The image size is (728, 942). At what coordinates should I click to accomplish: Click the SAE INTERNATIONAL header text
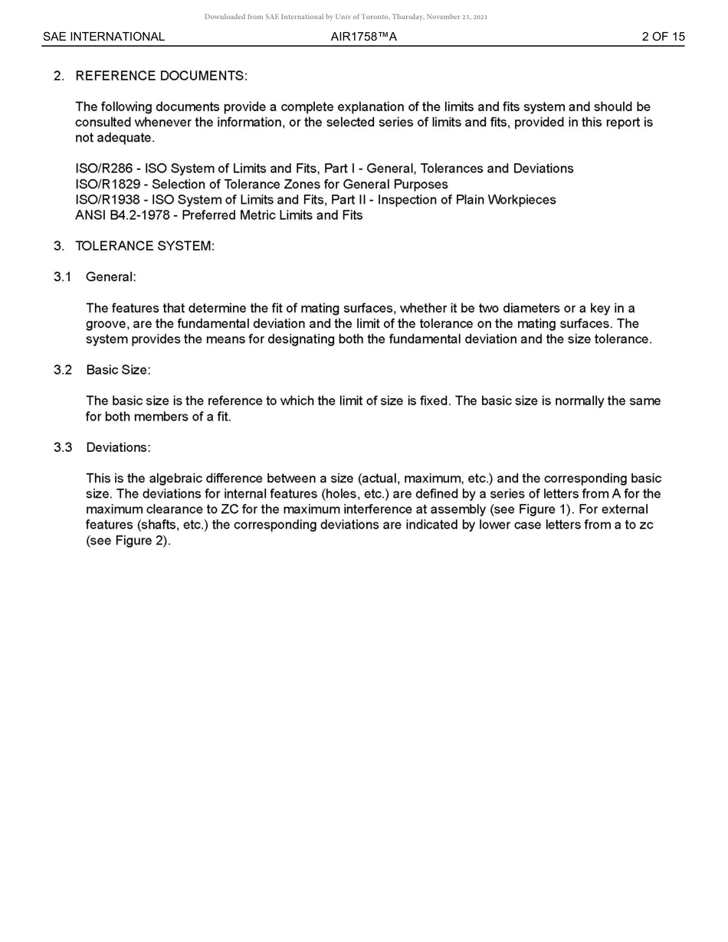tap(103, 37)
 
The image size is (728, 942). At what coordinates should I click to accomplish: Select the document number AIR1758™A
tap(363, 37)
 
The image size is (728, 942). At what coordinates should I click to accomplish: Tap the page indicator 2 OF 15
tap(663, 37)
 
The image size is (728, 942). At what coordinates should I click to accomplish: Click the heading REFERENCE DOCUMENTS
tap(161, 76)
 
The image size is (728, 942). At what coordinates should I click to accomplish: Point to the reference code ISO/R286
tap(103, 168)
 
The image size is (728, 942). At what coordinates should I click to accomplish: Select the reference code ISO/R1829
tap(107, 185)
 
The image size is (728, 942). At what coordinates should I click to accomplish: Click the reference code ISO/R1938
tap(107, 200)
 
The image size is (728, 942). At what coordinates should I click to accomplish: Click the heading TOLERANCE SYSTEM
tap(144, 246)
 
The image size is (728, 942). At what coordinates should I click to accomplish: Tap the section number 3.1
tap(62, 277)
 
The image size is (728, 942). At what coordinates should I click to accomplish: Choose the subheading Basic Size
tap(118, 370)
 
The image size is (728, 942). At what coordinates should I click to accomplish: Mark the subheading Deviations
tap(118, 447)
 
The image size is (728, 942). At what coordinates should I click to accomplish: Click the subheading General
tap(110, 277)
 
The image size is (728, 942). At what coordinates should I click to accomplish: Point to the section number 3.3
tap(62, 447)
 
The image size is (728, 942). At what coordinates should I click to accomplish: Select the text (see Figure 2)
tap(128, 541)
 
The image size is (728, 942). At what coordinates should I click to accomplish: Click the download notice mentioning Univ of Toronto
tap(346, 17)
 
